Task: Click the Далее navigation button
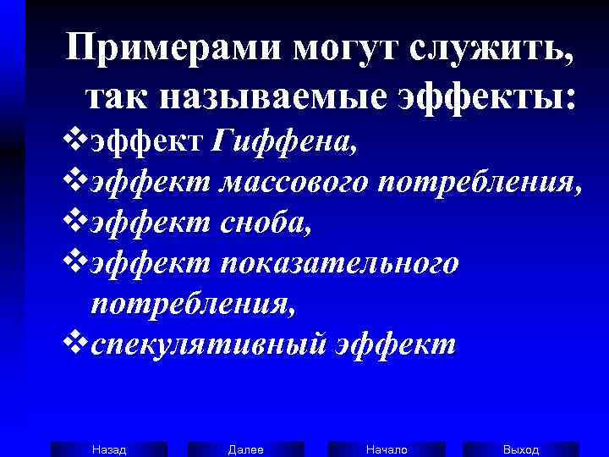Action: pyautogui.click(x=245, y=449)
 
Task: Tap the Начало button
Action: pyautogui.click(x=387, y=449)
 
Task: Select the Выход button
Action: pyautogui.click(x=521, y=449)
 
